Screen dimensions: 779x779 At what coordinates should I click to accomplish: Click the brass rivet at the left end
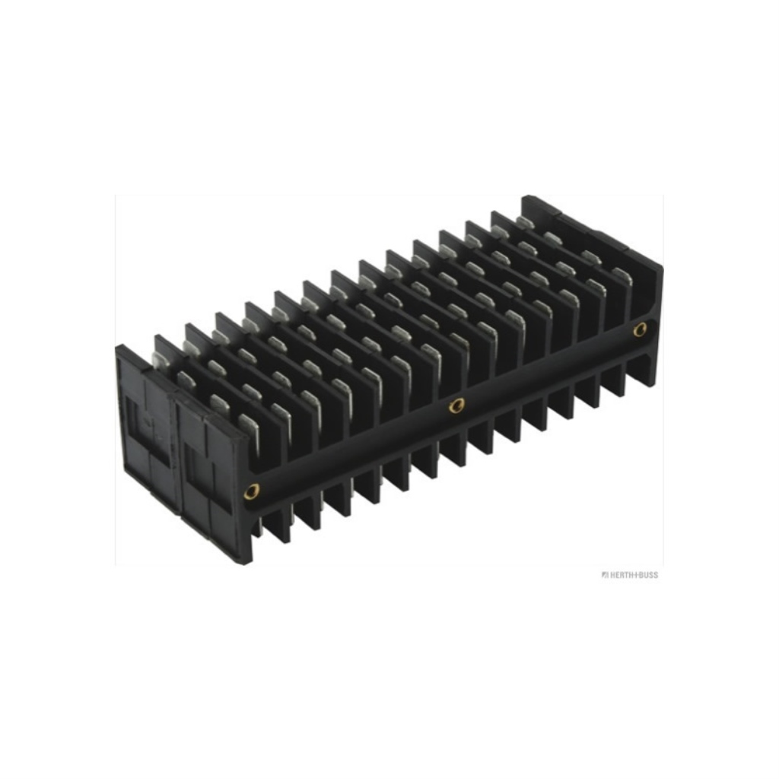click(253, 491)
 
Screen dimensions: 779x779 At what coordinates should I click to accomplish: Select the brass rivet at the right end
click(640, 329)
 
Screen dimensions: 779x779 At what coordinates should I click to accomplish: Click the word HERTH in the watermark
click(621, 575)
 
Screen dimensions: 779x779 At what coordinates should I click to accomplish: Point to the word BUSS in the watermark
click(647, 575)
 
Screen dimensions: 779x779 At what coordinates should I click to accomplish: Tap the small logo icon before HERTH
click(605, 575)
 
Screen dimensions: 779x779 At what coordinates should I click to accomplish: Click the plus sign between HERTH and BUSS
click(635, 575)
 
